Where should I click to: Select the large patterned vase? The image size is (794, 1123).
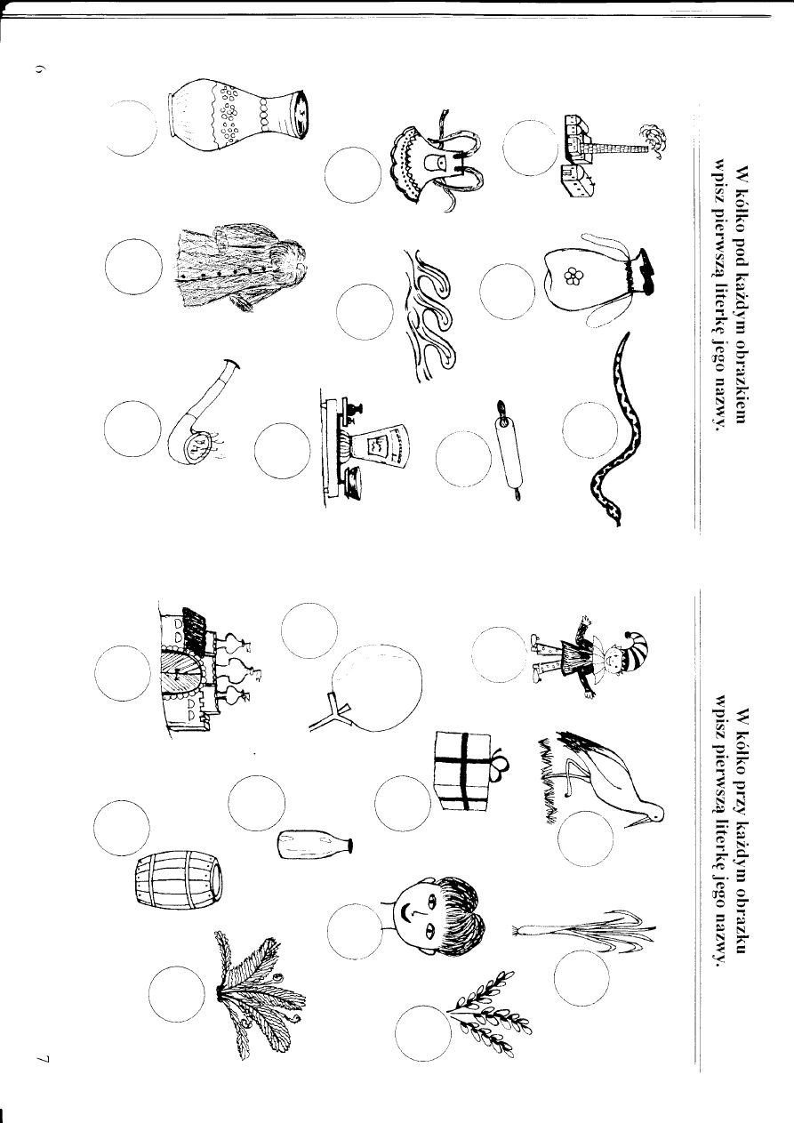tap(237, 115)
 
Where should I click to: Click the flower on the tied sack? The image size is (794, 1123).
tap(572, 277)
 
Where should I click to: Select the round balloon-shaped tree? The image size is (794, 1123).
tap(368, 686)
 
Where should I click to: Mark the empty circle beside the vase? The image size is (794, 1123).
tap(132, 128)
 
